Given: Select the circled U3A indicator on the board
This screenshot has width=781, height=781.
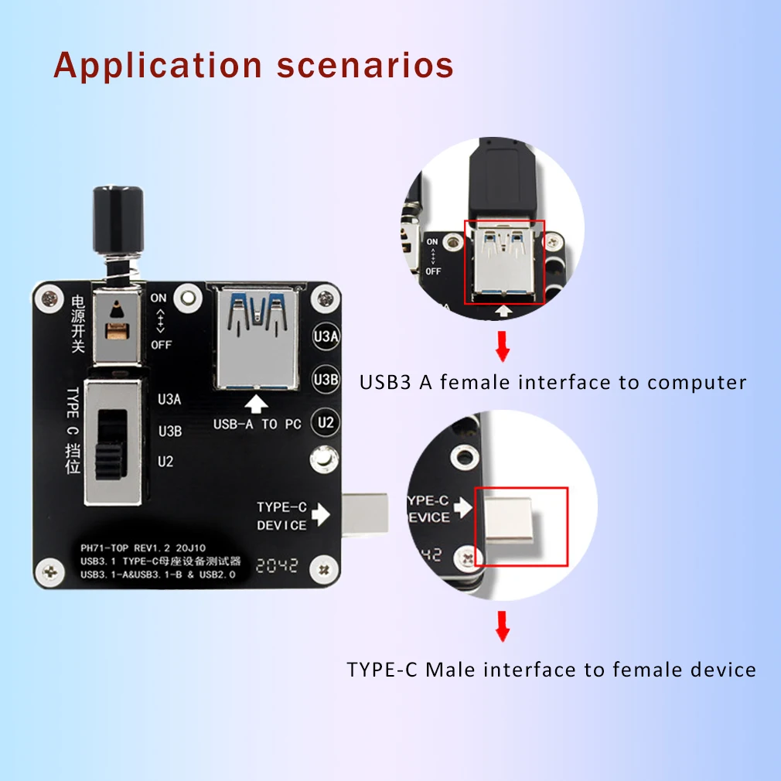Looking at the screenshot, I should [x=326, y=337].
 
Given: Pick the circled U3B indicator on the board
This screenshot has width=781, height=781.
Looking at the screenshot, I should [x=326, y=380].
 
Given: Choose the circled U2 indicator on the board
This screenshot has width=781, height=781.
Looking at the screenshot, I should [x=326, y=422].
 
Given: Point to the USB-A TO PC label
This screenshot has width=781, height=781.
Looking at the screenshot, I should [x=257, y=425].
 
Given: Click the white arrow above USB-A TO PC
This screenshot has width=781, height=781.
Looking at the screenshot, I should [x=257, y=403].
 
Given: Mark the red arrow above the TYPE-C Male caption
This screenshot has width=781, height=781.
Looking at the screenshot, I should [x=503, y=627].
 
